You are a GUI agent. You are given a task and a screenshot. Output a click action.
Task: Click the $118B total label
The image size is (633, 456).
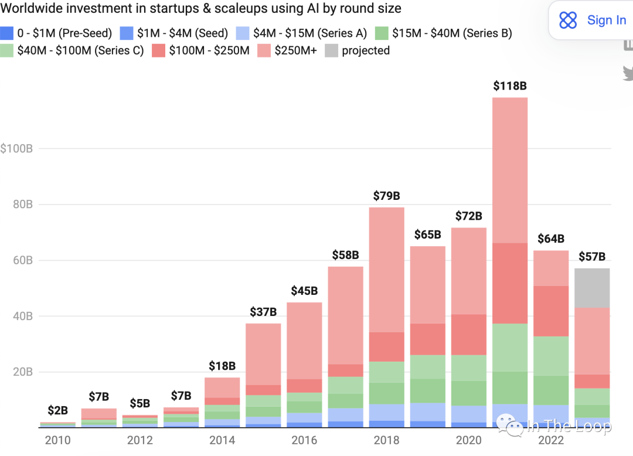(510, 86)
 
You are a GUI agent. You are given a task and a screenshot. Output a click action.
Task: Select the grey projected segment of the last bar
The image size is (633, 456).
(592, 288)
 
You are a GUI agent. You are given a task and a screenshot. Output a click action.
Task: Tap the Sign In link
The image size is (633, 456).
(607, 20)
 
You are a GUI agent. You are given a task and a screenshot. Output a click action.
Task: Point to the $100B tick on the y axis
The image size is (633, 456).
(16, 148)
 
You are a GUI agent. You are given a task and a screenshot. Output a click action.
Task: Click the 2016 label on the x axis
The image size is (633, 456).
(304, 440)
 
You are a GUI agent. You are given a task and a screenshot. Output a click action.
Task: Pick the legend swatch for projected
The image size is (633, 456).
(331, 50)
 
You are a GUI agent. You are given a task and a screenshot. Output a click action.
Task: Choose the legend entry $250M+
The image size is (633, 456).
(287, 50)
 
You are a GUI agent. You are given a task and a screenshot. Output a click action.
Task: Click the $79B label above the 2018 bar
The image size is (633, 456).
(386, 196)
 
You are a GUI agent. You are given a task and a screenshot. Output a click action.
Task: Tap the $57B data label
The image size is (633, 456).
(592, 256)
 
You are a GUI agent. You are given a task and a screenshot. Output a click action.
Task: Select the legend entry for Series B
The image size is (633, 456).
(443, 33)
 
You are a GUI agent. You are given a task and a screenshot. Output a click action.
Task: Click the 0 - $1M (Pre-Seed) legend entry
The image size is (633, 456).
(56, 33)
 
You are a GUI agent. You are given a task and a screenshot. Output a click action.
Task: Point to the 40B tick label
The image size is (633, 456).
(23, 316)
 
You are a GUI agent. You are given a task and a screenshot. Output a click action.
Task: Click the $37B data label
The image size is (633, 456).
(263, 312)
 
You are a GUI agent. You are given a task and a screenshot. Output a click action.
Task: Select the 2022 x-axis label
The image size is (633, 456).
(550, 440)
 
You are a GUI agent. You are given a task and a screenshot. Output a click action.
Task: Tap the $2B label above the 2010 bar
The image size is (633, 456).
(57, 410)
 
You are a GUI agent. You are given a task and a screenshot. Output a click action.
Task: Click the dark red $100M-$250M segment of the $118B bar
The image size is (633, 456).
(510, 283)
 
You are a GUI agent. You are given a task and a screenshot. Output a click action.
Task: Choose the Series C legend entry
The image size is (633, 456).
(72, 50)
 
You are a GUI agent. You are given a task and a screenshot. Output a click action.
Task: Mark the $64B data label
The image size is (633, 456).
(550, 239)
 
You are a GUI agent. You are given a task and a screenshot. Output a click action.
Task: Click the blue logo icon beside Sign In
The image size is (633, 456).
(568, 20)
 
